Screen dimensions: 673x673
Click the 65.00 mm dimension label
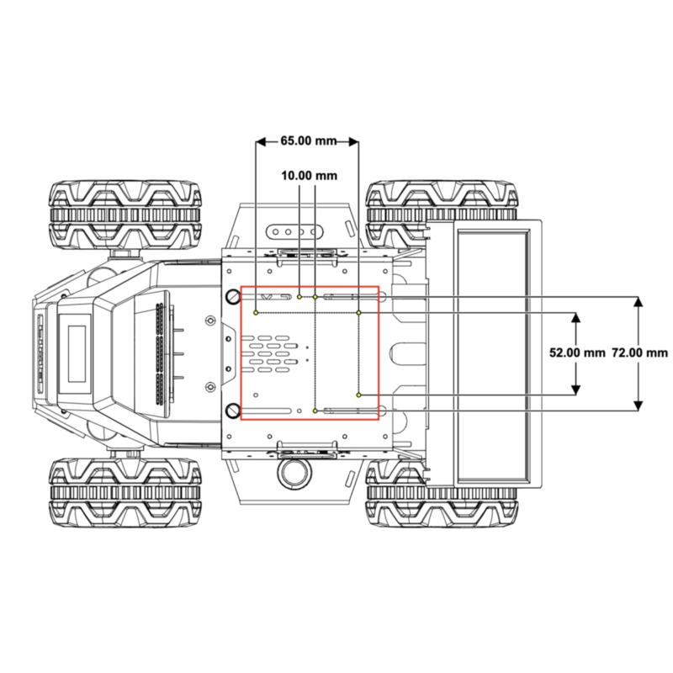click(309, 140)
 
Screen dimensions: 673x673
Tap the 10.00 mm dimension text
click(309, 176)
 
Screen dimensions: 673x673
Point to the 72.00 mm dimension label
click(639, 352)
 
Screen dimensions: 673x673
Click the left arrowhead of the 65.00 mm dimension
click(261, 141)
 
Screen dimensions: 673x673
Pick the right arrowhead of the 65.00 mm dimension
click(353, 141)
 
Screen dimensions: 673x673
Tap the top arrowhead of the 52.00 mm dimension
click(576, 318)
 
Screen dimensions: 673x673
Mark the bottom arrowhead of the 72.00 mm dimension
click(639, 405)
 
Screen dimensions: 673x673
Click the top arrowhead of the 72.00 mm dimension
click(639, 302)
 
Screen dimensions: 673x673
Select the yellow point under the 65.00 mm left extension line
click(256, 313)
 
